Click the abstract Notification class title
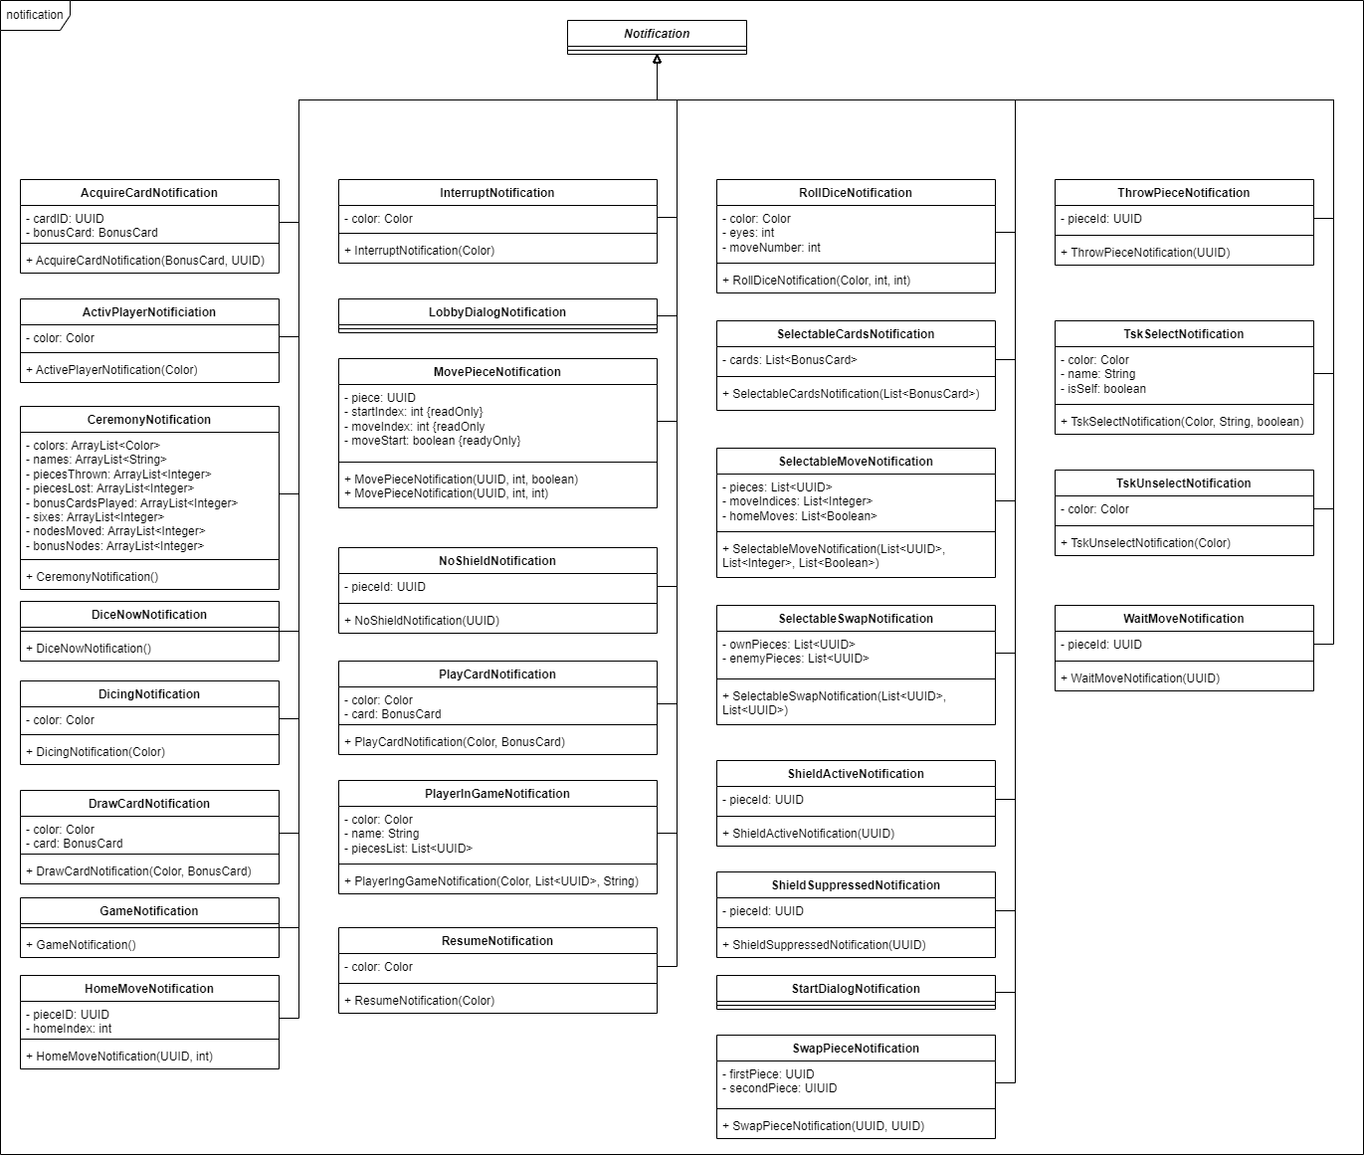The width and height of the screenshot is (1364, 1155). [x=657, y=34]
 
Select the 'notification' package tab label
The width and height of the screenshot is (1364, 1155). [x=34, y=15]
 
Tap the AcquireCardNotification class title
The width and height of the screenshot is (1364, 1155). [x=149, y=193]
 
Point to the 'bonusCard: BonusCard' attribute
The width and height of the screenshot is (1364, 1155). [x=96, y=233]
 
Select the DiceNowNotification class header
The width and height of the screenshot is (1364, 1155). [x=149, y=615]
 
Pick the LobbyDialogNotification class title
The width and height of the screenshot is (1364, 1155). [x=497, y=312]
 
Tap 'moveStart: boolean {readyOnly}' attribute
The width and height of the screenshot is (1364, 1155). [x=436, y=441]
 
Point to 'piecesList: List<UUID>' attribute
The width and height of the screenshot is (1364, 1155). [x=412, y=849]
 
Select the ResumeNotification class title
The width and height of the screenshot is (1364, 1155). [x=497, y=941]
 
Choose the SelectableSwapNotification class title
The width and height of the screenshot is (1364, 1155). [x=856, y=619]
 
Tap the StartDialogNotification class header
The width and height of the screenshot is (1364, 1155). [x=856, y=989]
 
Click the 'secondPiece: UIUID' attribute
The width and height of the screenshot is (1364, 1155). [x=783, y=1088]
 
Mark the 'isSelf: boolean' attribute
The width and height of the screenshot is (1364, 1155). [x=1106, y=389]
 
